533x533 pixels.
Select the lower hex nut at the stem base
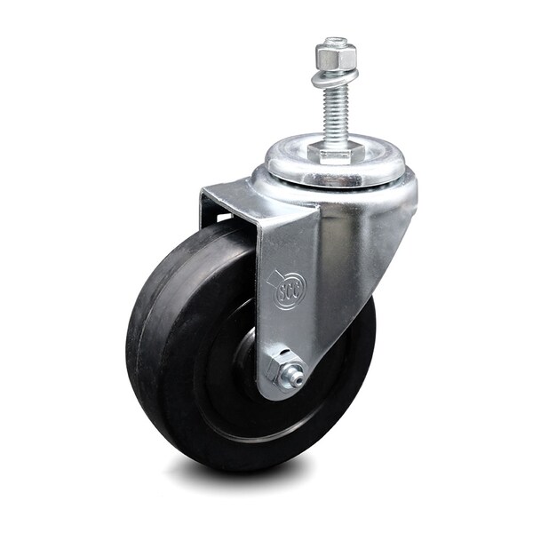coord(335,153)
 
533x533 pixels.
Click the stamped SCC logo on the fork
coord(290,290)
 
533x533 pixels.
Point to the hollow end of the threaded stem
coord(336,41)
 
